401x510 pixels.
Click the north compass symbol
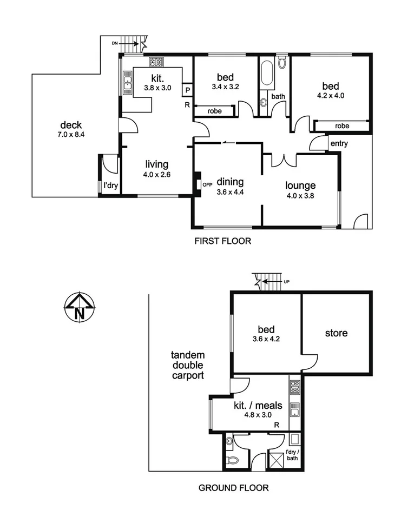point(80,307)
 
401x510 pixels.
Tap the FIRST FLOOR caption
point(222,241)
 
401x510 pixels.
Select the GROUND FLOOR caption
point(233,487)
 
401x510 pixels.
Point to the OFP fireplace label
point(207,184)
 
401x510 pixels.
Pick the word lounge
point(300,186)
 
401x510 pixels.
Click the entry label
point(338,143)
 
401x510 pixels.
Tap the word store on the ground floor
point(337,333)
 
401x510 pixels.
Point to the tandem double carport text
point(187,366)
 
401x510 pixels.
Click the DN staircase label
point(114,42)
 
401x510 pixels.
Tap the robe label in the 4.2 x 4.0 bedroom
point(341,125)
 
